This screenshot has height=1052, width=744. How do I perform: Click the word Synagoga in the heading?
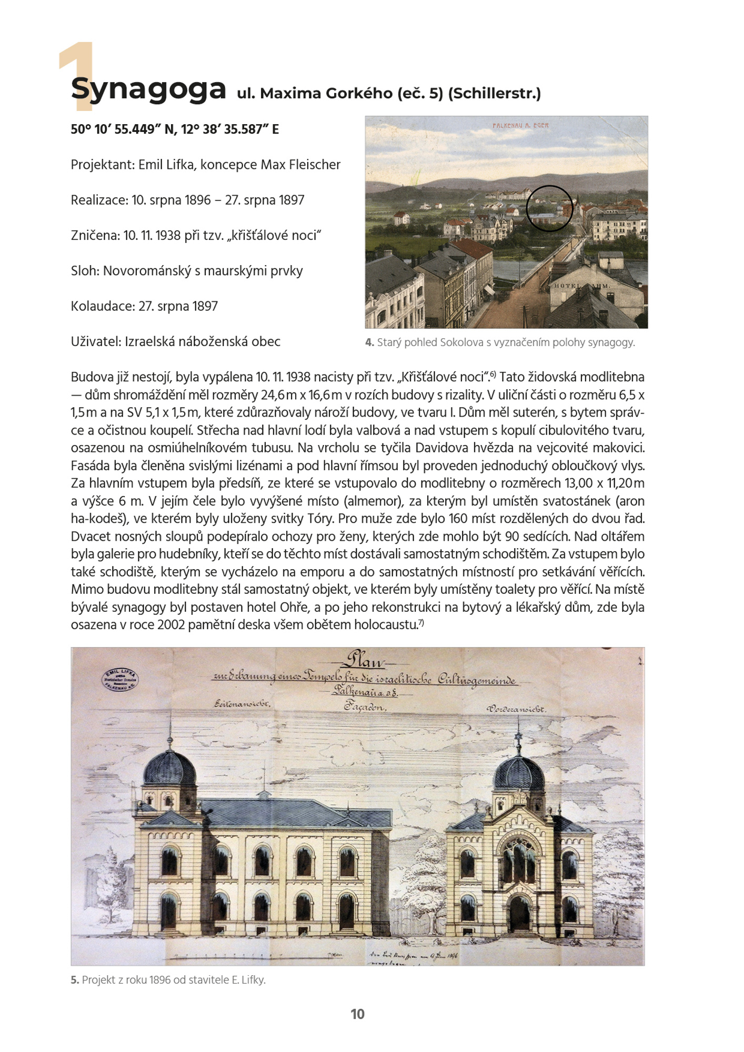[x=148, y=89]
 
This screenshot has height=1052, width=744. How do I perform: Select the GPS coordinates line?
[x=175, y=129]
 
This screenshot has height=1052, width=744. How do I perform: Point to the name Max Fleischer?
[x=300, y=165]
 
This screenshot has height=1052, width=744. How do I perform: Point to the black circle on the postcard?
[x=549, y=208]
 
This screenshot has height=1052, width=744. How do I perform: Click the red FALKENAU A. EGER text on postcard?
[x=520, y=126]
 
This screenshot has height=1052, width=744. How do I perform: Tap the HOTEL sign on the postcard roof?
[x=567, y=286]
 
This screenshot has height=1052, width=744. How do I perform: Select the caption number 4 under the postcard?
[x=369, y=342]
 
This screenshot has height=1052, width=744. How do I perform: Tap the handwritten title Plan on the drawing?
[x=364, y=660]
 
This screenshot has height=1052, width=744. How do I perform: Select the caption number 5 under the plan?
[x=74, y=980]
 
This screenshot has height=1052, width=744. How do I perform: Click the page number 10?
[x=357, y=1014]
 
